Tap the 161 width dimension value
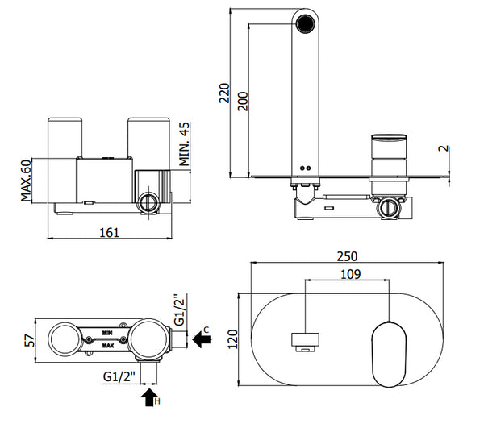(110, 232)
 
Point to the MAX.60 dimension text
(26, 181)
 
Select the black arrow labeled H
(149, 396)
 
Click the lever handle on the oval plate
(390, 349)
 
